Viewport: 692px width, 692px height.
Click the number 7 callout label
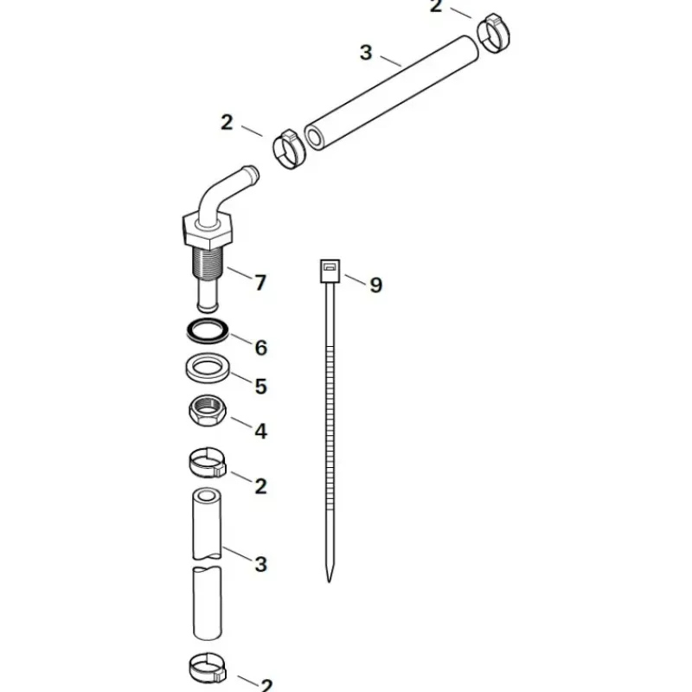tap(261, 283)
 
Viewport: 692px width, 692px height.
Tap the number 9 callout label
tap(375, 285)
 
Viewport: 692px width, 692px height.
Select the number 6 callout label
tap(261, 348)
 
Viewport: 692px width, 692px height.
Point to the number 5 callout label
tap(261, 386)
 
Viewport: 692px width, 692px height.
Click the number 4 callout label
tap(261, 431)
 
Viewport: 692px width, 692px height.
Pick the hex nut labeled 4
tap(208, 410)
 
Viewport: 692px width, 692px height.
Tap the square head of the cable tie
tap(330, 271)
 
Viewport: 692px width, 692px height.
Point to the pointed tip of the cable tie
tap(329, 581)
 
